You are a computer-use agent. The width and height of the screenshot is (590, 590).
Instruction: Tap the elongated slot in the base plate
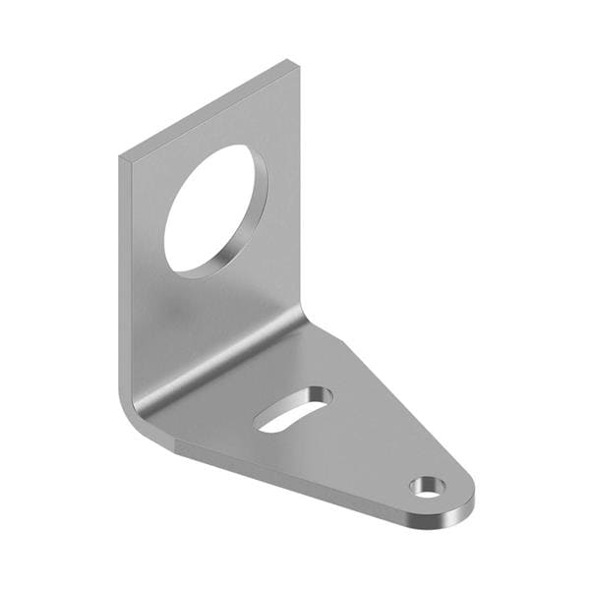point(292,409)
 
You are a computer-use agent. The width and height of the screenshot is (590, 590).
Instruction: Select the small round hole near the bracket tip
point(428,486)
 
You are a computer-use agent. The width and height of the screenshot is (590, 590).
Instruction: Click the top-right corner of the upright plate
point(295,63)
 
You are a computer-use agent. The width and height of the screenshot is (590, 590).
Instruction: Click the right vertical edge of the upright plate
point(299,197)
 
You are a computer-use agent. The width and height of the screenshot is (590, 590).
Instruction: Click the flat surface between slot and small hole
point(369,447)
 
